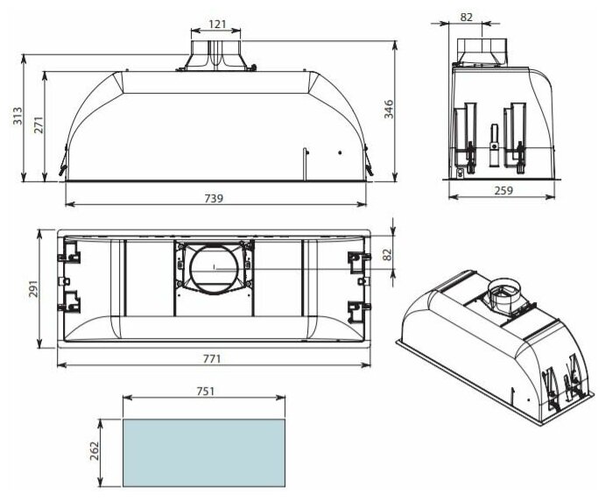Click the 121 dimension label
(x=217, y=24)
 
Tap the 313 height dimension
(x=18, y=116)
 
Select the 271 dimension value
(x=39, y=124)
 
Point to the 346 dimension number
(x=388, y=109)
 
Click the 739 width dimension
(x=214, y=198)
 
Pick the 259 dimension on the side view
(x=504, y=190)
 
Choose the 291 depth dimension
(x=34, y=289)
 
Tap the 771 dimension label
(x=212, y=359)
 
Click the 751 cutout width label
(x=205, y=391)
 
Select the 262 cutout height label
(x=95, y=451)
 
